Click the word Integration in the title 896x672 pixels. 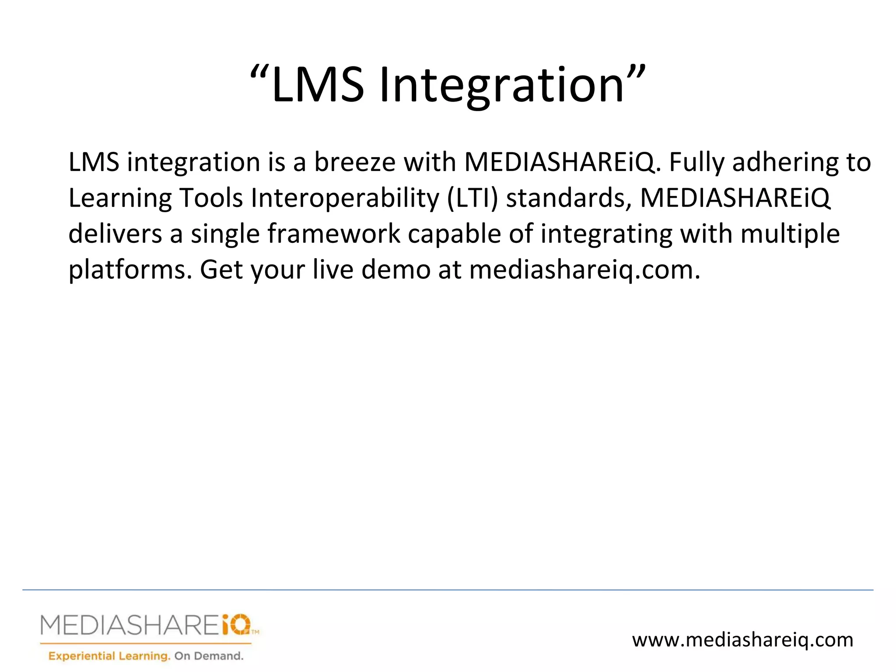click(501, 85)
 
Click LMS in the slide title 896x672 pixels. click(317, 85)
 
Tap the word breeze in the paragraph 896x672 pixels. click(355, 162)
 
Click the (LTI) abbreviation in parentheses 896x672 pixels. click(472, 198)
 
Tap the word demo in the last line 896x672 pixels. click(395, 270)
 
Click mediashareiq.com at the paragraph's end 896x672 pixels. click(584, 270)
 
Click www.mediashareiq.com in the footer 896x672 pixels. click(742, 640)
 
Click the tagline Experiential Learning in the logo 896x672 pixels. click(109, 656)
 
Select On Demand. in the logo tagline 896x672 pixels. click(209, 656)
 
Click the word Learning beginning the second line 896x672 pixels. click(120, 198)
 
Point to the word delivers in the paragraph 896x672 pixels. click(115, 234)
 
